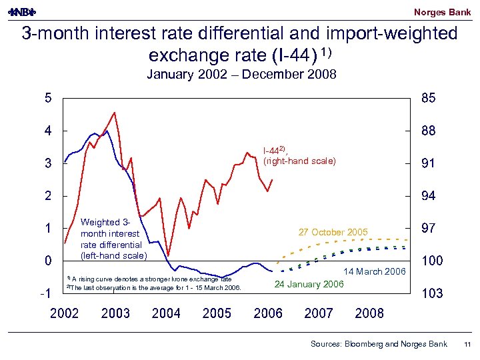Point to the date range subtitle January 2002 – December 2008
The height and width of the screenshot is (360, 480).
click(241, 75)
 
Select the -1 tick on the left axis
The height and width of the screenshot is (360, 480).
click(45, 293)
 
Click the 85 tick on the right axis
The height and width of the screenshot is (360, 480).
click(428, 99)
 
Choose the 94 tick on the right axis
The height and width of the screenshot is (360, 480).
click(428, 196)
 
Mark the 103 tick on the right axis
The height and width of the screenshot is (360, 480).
click(431, 293)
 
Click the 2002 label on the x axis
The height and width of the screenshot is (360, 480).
click(64, 313)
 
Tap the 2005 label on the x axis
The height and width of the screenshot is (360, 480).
click(217, 313)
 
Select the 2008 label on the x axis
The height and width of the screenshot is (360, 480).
click(369, 313)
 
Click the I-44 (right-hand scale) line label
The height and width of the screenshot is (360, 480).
click(299, 155)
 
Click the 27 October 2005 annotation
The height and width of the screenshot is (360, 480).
click(333, 232)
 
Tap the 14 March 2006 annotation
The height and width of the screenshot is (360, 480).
click(374, 271)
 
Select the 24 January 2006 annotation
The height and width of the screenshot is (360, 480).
click(309, 285)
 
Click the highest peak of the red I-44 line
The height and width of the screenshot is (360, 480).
click(115, 113)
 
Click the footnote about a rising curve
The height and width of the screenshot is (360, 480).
click(150, 279)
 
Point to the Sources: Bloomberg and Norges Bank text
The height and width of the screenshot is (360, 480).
click(379, 344)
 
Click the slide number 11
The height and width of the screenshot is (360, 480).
click(467, 344)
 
